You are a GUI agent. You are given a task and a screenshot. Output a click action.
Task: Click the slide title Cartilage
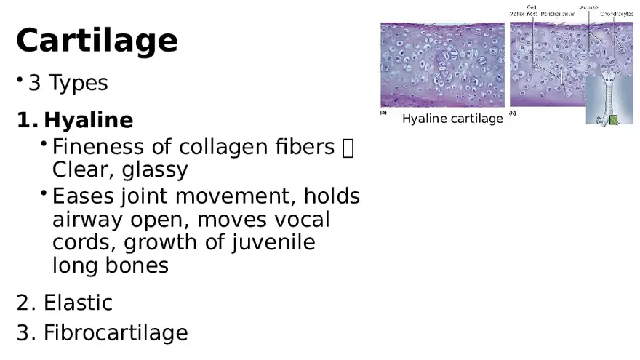click(x=97, y=40)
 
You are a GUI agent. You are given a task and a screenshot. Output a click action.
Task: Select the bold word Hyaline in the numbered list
click(x=88, y=120)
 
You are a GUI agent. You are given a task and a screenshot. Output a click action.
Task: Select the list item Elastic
click(x=78, y=302)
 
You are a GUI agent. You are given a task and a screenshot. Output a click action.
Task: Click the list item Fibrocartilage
click(x=116, y=332)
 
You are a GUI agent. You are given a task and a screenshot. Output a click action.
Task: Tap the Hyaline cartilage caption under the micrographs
click(x=452, y=119)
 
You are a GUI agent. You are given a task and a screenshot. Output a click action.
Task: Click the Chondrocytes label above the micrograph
click(x=616, y=14)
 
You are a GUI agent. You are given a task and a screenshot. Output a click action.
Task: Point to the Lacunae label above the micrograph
click(x=588, y=7)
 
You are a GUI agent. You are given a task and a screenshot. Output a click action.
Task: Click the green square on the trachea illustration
click(x=613, y=119)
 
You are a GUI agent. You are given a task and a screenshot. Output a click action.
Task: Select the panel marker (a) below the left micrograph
click(x=383, y=113)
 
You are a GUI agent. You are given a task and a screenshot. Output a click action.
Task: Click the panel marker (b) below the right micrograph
click(x=512, y=113)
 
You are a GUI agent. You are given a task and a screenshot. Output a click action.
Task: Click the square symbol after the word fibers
click(x=347, y=148)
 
